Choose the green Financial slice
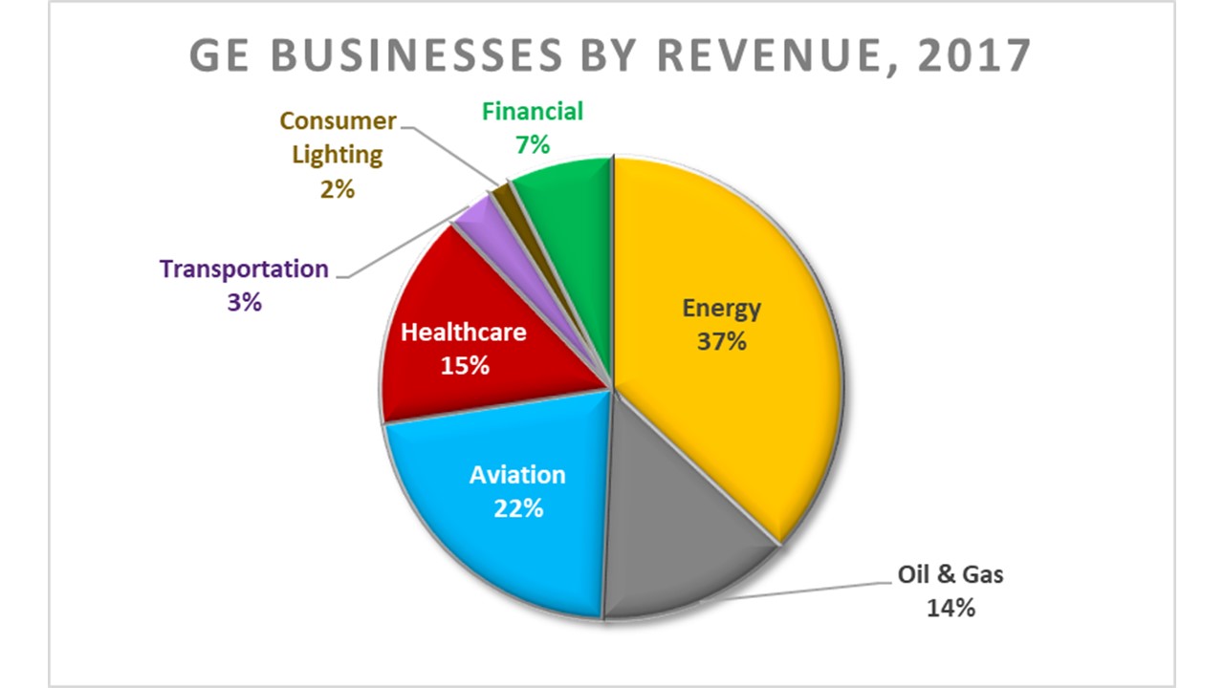tap(564, 191)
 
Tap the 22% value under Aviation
tap(518, 507)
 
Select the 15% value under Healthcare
tap(465, 365)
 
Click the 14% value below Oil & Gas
tap(950, 607)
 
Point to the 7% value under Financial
tap(533, 145)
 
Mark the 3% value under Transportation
tap(244, 303)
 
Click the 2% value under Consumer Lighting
tap(338, 188)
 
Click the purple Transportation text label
tap(244, 269)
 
